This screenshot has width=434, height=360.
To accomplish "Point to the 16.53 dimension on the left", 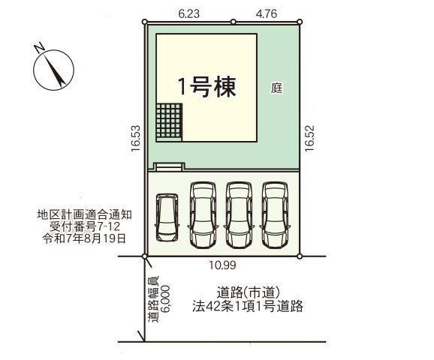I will point(134,139).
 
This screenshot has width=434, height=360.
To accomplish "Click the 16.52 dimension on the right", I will point(309,139).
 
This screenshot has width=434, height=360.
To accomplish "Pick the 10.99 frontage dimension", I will point(223,265).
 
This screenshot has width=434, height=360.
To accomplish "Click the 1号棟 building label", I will point(206,86).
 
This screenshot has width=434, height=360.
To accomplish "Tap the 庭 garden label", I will point(276,87).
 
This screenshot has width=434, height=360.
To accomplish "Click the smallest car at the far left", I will point(166,217).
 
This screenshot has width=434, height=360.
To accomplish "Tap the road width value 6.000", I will point(165,300).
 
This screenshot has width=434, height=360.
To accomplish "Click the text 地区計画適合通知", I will point(81,214).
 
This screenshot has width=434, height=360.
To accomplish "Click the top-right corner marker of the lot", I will point(300,22).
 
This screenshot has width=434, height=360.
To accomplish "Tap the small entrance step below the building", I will point(167,166).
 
